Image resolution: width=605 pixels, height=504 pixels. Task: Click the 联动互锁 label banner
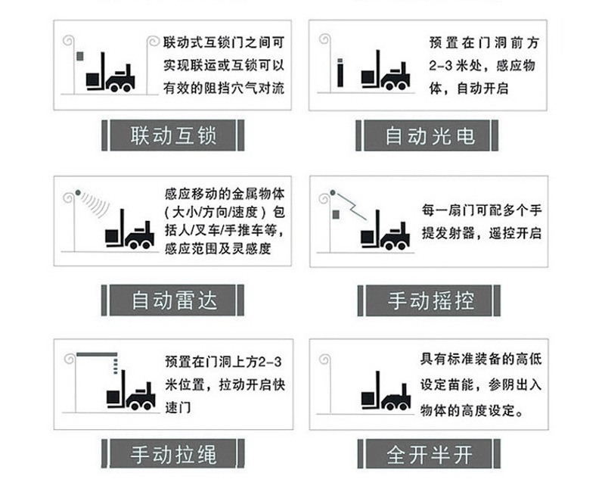click(174, 135)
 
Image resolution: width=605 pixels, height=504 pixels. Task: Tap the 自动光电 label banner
click(430, 135)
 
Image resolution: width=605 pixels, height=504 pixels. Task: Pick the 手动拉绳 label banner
click(174, 454)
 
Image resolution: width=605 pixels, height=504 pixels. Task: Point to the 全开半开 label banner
click(430, 454)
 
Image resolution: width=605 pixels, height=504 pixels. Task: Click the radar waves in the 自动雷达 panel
click(92, 200)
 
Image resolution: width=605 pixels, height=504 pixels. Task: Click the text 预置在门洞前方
click(482, 45)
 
